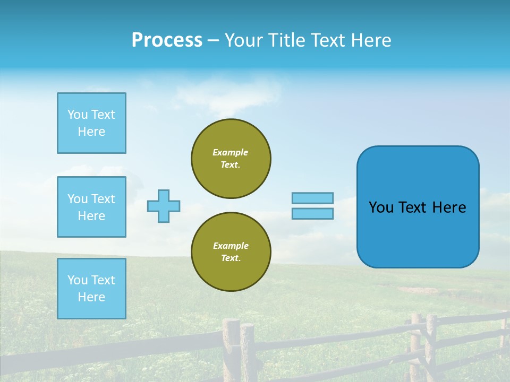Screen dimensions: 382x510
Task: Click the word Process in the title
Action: pos(167,40)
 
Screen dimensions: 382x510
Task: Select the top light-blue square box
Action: pos(91,123)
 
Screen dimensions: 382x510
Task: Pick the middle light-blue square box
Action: pos(91,207)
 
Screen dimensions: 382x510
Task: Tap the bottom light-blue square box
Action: pos(91,289)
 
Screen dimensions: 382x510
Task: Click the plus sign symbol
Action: pos(164,206)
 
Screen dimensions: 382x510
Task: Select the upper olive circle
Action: pos(231,159)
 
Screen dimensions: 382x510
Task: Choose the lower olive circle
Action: pos(231,252)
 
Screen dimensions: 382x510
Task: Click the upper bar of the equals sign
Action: pos(312,198)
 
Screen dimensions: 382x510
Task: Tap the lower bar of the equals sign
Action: pos(312,213)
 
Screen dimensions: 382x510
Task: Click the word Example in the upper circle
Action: pos(231,152)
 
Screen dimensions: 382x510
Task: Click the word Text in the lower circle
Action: pos(230,258)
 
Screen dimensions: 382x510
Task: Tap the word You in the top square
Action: pos(78,115)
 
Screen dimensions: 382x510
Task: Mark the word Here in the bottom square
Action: pos(91,297)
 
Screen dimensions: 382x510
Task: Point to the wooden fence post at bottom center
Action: pos(232,350)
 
